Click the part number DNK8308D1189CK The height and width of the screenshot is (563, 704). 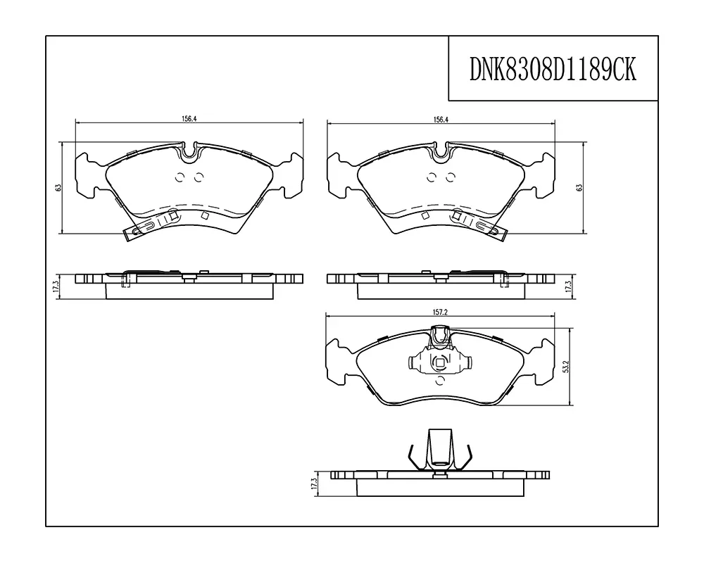coord(553,69)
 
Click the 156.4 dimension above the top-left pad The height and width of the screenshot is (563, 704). coord(189,119)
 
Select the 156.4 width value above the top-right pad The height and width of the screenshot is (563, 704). coord(441,120)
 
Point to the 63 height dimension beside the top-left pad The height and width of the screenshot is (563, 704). coord(58,188)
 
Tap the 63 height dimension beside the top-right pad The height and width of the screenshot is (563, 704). coord(579,188)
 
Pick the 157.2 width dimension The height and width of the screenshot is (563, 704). coord(441,312)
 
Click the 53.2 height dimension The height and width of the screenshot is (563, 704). coord(566,367)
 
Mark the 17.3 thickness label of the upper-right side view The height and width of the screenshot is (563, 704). coord(568,286)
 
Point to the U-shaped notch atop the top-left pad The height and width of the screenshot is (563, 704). coord(190,152)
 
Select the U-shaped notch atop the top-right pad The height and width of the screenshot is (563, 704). coord(441,152)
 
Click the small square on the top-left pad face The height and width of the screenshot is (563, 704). coord(205,215)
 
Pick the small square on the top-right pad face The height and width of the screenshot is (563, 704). coord(425,215)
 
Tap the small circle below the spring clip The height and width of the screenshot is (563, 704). coord(440,381)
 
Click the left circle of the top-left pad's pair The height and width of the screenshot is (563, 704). coord(180,177)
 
